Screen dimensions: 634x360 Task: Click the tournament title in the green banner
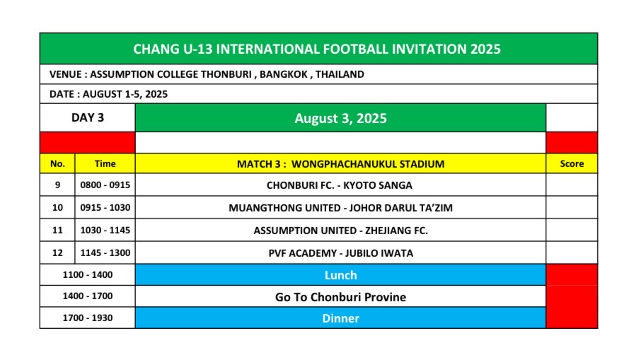317,49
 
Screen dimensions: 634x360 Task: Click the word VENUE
65,74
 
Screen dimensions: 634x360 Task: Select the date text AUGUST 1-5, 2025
125,94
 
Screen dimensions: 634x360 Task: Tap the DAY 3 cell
87,117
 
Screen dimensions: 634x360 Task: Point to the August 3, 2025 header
340,118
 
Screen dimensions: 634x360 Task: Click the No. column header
57,163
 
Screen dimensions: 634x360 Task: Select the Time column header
105,163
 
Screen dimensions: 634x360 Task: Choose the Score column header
572,163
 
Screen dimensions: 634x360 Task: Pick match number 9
57,185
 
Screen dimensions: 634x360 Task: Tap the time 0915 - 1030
105,208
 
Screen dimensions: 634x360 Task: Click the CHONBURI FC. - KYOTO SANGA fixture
339,185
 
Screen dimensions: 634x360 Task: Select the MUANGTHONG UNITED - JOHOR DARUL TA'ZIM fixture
340,208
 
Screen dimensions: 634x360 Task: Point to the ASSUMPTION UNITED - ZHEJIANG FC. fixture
340,231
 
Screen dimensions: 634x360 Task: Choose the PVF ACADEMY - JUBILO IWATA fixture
340,253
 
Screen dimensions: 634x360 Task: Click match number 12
57,253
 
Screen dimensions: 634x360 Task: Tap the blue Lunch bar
340,274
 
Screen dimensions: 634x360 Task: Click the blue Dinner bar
340,318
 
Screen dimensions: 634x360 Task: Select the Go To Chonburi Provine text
340,297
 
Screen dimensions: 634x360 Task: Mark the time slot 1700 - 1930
87,318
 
